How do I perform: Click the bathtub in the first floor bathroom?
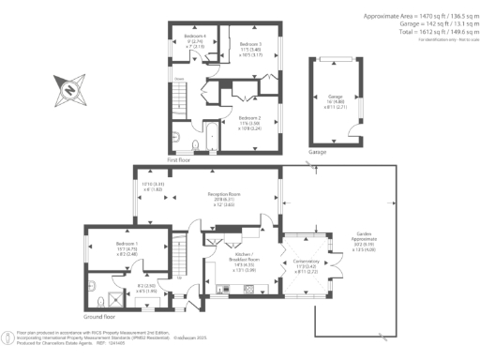198,142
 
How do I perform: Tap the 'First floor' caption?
179,160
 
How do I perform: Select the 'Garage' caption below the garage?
318,150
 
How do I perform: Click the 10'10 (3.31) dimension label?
153,187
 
